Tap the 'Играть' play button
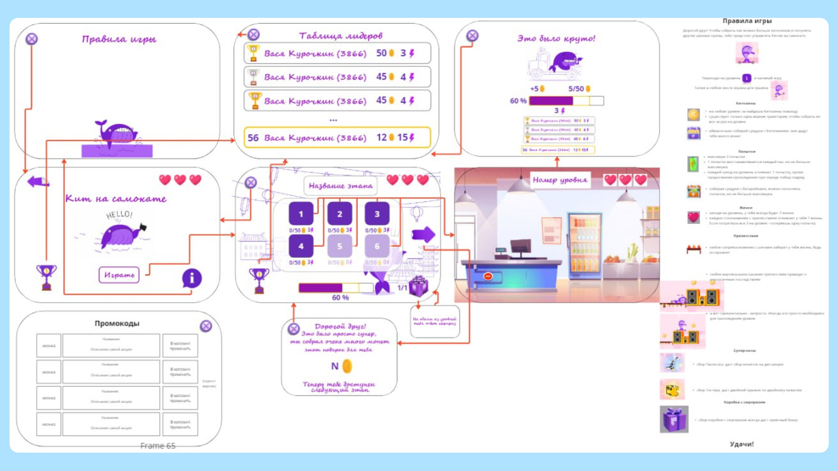point(119,275)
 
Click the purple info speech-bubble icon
point(192,278)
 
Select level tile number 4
point(301,246)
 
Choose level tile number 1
point(301,214)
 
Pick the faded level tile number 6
point(377,246)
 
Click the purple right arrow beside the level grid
point(423,235)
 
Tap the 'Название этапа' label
point(340,186)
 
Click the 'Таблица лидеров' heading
point(340,36)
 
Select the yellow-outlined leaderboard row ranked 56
point(337,138)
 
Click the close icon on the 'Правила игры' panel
point(31,39)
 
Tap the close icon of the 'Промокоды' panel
point(206,326)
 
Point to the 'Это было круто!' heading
point(556,38)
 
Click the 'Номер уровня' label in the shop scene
point(560,180)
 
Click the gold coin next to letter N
point(347,366)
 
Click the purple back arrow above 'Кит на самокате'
point(38,181)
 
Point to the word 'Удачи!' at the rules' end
point(742,444)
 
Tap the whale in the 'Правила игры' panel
point(116,132)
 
